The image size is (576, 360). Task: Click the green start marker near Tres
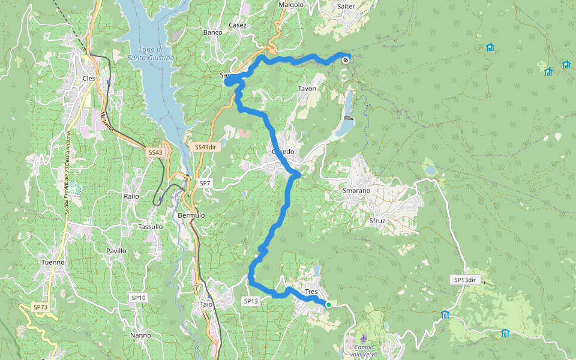[329, 305]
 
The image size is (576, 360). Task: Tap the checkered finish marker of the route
[346, 59]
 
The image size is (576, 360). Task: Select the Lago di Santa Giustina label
[151, 53]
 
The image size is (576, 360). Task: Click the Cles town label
[89, 78]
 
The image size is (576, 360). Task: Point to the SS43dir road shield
[205, 147]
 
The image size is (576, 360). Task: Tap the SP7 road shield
[205, 183]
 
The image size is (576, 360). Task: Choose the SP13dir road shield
[464, 280]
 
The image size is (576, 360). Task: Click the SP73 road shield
[40, 307]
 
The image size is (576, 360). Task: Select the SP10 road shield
[139, 298]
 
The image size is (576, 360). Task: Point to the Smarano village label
[356, 190]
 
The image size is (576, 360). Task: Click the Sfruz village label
[377, 221]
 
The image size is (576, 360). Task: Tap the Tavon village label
[307, 89]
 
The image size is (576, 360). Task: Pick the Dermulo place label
[191, 215]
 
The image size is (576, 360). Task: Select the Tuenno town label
[53, 262]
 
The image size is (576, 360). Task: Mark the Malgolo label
[292, 5]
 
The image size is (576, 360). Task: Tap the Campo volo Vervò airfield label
[364, 351]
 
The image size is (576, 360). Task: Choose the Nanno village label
[140, 335]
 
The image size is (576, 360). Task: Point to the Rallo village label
[131, 196]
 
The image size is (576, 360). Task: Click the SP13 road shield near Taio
[251, 301]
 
